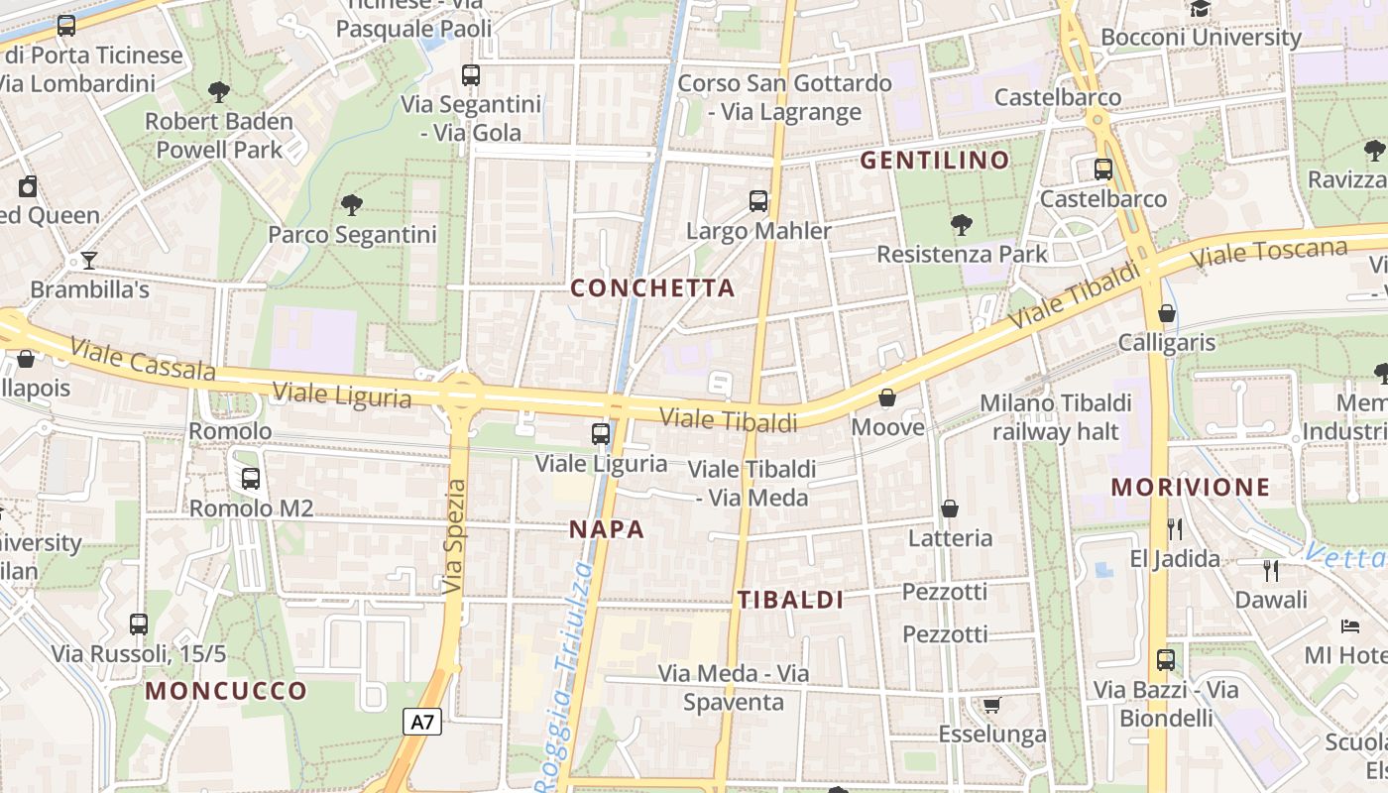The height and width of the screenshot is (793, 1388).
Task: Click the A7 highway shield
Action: click(422, 722)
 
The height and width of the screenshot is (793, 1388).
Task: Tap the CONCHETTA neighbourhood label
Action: click(653, 288)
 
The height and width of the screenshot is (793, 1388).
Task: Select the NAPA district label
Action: click(607, 529)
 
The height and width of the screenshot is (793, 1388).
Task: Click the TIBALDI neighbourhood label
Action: click(790, 600)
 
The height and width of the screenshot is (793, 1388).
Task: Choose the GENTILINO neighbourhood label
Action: click(934, 160)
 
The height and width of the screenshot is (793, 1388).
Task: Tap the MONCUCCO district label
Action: click(226, 691)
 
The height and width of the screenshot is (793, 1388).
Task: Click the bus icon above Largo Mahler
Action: click(758, 201)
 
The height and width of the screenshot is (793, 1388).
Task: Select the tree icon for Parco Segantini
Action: click(351, 205)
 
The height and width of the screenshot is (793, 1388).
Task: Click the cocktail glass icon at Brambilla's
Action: click(89, 261)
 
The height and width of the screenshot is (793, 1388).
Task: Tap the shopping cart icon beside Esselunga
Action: click(990, 705)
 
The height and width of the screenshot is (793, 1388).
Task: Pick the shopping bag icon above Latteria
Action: click(950, 509)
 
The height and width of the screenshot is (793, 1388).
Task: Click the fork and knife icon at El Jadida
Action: click(1175, 528)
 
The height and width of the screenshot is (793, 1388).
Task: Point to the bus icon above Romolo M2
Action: click(251, 479)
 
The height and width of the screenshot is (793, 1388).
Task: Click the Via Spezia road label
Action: click(455, 536)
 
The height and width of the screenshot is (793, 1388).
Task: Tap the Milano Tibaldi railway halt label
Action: click(1055, 417)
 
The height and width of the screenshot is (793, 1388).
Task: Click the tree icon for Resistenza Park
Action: click(961, 225)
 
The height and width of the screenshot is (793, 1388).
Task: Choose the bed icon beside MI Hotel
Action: click(1350, 626)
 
